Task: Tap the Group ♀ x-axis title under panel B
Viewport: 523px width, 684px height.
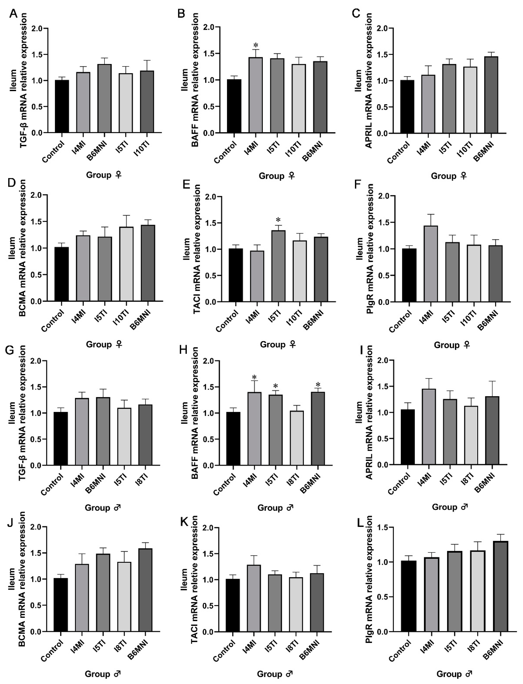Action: pyautogui.click(x=277, y=176)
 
